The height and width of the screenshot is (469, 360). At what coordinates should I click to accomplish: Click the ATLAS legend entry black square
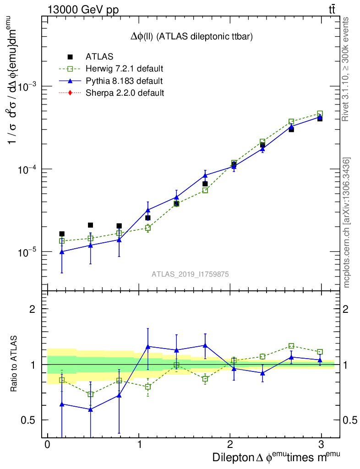(x=70, y=57)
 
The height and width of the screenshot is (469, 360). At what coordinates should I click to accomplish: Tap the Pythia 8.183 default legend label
(x=124, y=81)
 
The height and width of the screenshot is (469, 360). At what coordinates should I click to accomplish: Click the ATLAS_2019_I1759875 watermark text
(x=190, y=274)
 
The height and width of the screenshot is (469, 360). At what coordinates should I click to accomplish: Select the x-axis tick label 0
(x=47, y=445)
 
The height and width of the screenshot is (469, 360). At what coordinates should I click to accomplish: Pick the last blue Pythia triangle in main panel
(x=320, y=117)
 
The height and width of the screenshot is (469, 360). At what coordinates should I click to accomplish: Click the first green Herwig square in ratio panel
(x=62, y=380)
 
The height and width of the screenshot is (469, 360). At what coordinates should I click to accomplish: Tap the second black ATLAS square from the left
(x=90, y=225)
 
